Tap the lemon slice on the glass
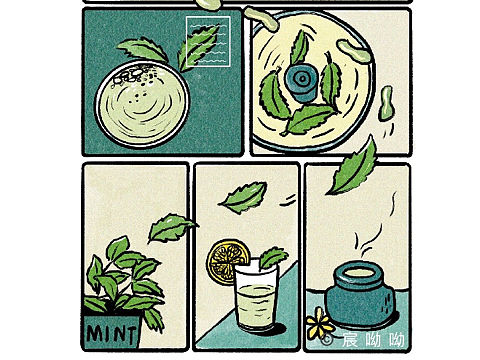coord(222,262)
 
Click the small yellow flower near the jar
coord(318,321)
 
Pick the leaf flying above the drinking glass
coord(243,196)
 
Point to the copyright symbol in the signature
coord(328,340)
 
